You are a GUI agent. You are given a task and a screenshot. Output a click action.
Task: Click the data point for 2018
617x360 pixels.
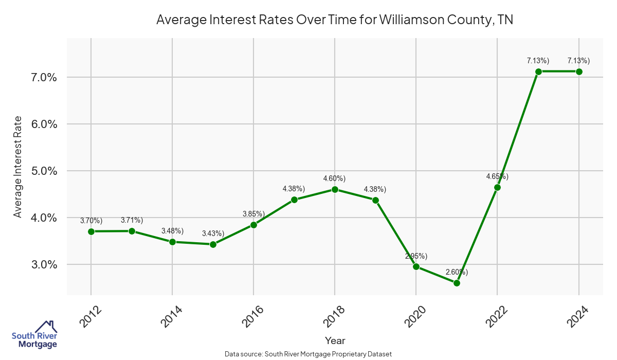pyautogui.click(x=335, y=189)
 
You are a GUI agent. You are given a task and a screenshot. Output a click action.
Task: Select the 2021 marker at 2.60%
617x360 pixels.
pyautogui.click(x=457, y=283)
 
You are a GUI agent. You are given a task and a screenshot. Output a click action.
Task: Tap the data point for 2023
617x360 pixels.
pyautogui.click(x=538, y=71)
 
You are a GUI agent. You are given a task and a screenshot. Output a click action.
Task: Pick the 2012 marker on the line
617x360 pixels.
pyautogui.click(x=91, y=231)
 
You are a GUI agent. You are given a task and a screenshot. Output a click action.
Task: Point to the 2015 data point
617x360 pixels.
pyautogui.click(x=213, y=244)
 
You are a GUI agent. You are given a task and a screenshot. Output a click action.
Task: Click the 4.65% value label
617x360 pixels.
pyautogui.click(x=497, y=176)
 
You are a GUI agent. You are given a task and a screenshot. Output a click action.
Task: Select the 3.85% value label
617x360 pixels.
pyautogui.click(x=253, y=213)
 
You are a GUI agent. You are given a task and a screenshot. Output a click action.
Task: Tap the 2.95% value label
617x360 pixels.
pyautogui.click(x=416, y=256)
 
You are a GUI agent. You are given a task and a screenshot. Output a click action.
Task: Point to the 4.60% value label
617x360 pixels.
pyautogui.click(x=334, y=178)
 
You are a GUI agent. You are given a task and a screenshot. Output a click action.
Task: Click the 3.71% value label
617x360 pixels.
pyautogui.click(x=132, y=220)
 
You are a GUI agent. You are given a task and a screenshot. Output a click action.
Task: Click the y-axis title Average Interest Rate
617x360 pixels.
pyautogui.click(x=18, y=167)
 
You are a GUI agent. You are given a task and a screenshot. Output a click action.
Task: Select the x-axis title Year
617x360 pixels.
pyautogui.click(x=335, y=340)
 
